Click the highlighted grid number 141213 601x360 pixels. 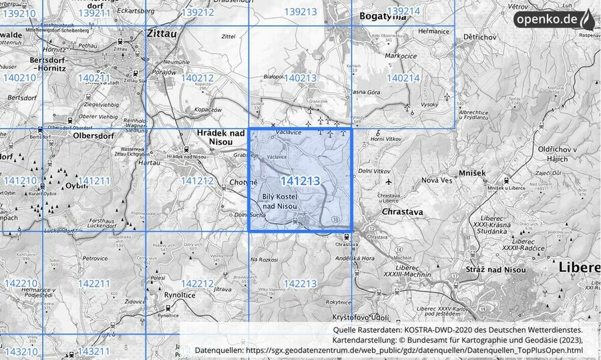[x=300, y=181]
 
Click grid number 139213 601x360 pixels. [x=300, y=11]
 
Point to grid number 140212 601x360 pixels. [x=197, y=78]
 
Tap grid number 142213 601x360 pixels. [x=300, y=284]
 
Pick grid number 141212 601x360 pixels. [x=197, y=180]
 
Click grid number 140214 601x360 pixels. [x=403, y=78]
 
